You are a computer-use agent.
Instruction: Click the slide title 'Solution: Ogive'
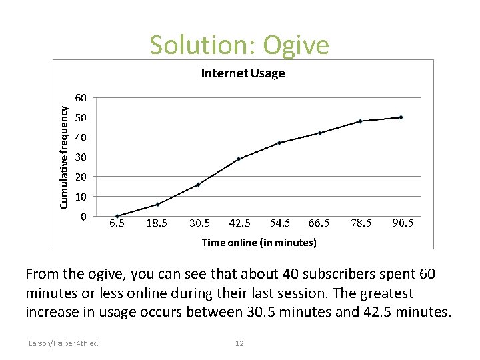(x=239, y=45)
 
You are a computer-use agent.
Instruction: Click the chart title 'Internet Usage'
(x=243, y=73)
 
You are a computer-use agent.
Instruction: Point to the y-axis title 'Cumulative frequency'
(x=64, y=155)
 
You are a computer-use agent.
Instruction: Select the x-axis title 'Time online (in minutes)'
(x=259, y=243)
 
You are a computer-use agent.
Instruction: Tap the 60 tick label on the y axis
(x=80, y=98)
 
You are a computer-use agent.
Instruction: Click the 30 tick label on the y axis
(x=80, y=157)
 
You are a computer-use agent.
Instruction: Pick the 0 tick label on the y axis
(x=83, y=217)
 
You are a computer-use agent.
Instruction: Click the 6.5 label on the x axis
(x=117, y=223)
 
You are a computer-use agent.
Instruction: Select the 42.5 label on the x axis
(x=238, y=223)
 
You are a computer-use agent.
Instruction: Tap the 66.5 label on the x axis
(x=319, y=223)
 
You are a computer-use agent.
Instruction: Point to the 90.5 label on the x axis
(x=402, y=223)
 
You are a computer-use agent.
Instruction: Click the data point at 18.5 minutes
(x=157, y=204)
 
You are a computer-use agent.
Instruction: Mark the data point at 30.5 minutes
(x=198, y=185)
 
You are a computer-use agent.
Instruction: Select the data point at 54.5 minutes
(x=279, y=143)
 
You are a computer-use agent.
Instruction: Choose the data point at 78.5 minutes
(x=360, y=121)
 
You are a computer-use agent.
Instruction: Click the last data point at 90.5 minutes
(x=401, y=117)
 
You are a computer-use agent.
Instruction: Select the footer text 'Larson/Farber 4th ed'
(x=63, y=343)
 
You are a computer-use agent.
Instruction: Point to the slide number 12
(x=239, y=343)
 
